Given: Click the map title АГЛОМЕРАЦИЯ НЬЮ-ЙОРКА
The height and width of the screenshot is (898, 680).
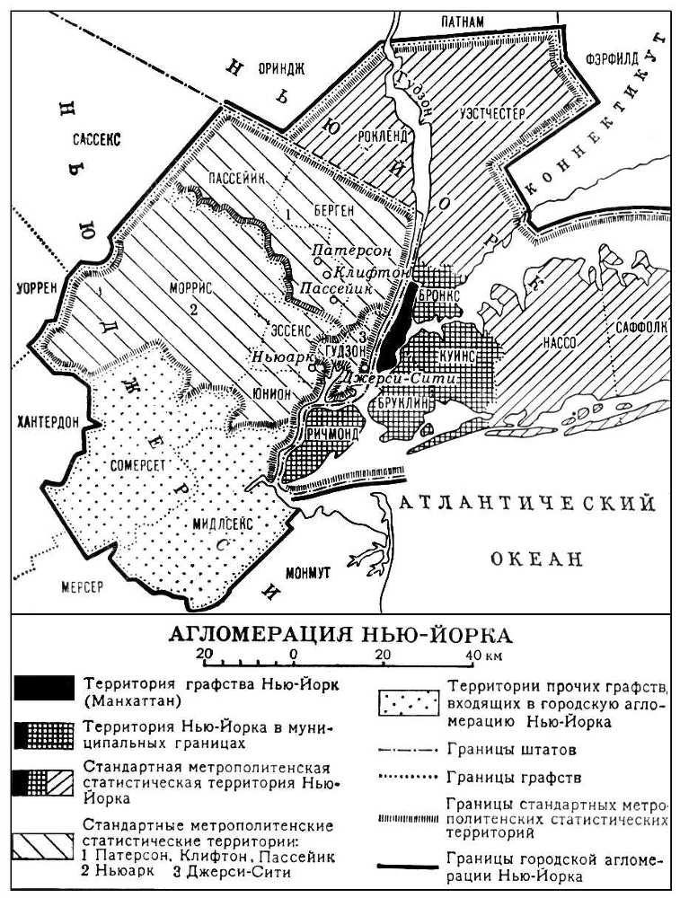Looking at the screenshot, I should (340, 635).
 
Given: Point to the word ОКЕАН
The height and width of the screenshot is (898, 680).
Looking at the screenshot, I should (537, 559).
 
